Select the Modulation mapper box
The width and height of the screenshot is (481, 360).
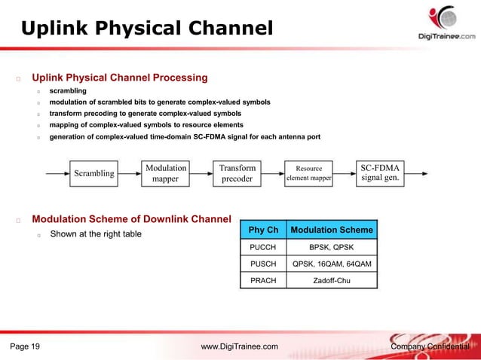tap(166, 174)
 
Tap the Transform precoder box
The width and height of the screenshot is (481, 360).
tap(237, 174)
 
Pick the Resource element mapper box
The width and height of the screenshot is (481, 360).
tap(308, 174)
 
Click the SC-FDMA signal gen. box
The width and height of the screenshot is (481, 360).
tap(380, 174)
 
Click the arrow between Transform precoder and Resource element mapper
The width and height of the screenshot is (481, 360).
tap(273, 174)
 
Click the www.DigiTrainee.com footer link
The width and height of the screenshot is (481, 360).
tap(240, 346)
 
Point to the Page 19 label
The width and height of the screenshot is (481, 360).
tap(26, 346)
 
